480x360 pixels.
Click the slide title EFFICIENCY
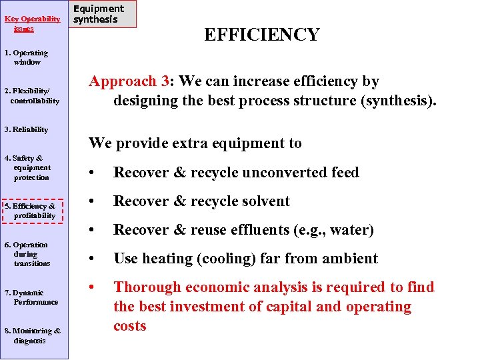click(261, 35)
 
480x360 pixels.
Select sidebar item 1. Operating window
click(27, 57)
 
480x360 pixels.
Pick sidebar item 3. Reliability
click(26, 129)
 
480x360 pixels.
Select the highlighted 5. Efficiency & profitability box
click(31, 211)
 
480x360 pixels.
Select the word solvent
click(265, 201)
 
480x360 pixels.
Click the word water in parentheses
click(351, 230)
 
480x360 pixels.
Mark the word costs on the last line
click(130, 326)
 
